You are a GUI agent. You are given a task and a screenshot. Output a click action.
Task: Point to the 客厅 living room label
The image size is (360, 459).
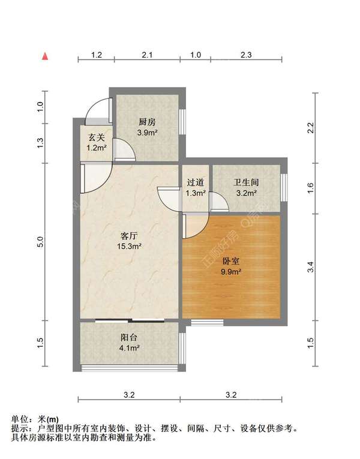tap(128, 236)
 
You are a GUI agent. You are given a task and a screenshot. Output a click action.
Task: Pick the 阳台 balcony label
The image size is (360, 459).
tap(129, 337)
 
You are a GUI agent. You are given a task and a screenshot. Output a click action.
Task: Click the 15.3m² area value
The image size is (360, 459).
tap(128, 246)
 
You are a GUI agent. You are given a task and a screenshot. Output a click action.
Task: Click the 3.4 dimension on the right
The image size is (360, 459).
tap(310, 267)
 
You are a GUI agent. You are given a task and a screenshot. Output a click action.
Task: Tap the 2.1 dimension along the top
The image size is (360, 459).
tap(147, 55)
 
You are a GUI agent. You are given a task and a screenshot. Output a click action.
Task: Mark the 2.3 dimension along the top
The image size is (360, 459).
tap(246, 55)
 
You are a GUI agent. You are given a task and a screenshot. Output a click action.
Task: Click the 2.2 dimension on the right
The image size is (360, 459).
tap(310, 127)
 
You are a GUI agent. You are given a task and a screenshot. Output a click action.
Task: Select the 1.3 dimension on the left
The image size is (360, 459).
tap(40, 143)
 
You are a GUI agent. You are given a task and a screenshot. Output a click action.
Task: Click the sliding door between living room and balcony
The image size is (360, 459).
tap(130, 321)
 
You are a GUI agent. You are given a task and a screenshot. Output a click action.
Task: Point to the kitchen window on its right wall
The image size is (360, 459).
tap(183, 123)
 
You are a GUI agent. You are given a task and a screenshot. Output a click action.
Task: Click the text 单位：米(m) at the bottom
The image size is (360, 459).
tap(35, 419)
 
